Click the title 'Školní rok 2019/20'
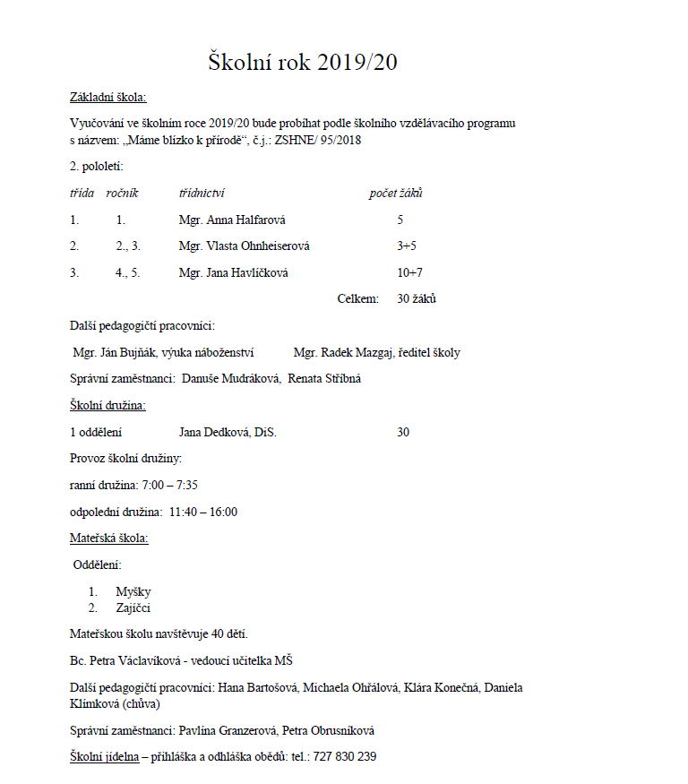click(302, 63)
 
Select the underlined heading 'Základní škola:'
click(107, 98)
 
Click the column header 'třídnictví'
click(202, 193)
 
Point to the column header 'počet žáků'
click(396, 193)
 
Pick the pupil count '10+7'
click(409, 272)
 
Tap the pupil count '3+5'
click(407, 246)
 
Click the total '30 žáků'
click(417, 298)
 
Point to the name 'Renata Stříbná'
click(324, 379)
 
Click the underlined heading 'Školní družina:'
click(107, 406)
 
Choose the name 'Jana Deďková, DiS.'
click(228, 433)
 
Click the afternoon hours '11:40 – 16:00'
click(202, 512)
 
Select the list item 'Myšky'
click(133, 592)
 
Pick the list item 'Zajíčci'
click(134, 607)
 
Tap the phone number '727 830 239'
click(345, 757)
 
